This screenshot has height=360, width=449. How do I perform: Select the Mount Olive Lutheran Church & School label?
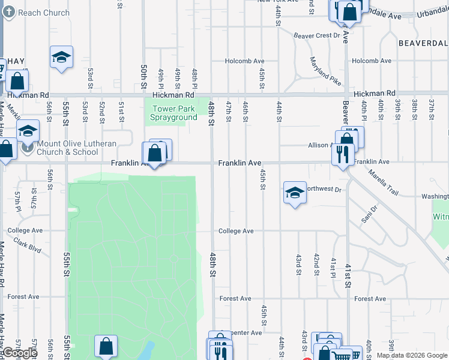pos(68,148)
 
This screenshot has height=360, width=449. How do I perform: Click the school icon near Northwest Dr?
pos(295,193)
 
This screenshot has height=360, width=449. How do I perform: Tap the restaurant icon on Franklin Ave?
pos(343,154)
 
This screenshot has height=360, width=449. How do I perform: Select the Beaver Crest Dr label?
pos(317,35)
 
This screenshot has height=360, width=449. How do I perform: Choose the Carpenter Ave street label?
pos(247,332)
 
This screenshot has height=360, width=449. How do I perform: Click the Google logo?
pos(19,353)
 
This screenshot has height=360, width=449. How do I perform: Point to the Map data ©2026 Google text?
pos(412,355)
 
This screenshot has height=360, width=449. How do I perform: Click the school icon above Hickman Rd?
pos(61,57)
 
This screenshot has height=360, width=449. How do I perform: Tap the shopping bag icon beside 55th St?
pos(106,346)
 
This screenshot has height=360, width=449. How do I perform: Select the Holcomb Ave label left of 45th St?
pos(244,61)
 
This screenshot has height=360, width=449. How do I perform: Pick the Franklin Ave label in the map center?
pos(240,163)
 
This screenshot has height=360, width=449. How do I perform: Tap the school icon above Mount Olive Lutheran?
pos(28,131)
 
